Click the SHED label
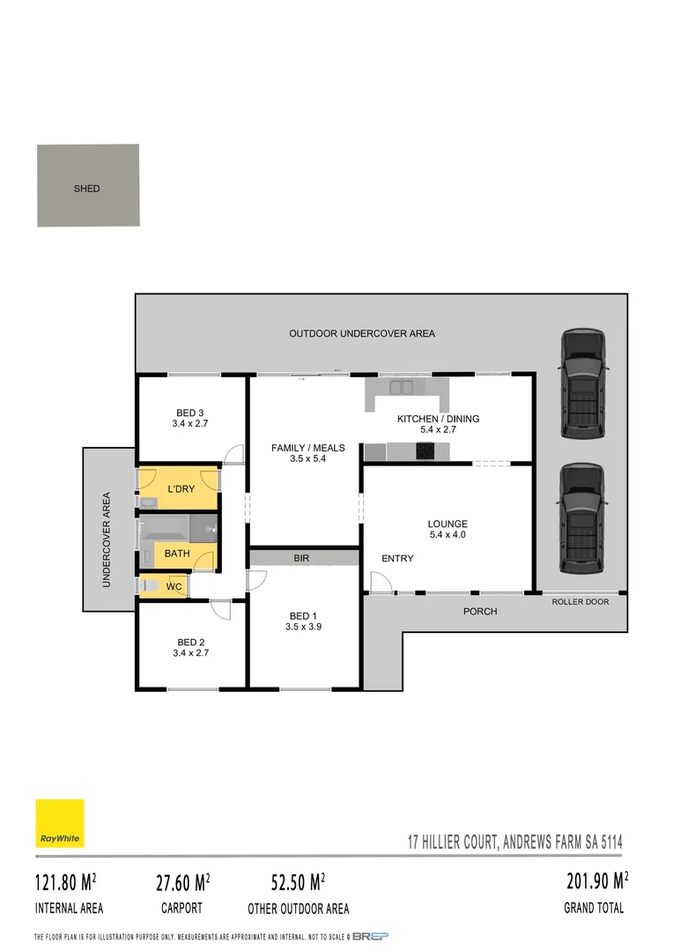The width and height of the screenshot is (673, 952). coord(87,189)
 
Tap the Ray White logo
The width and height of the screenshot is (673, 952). coord(60,823)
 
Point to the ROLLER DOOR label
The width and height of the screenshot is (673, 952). coord(581,602)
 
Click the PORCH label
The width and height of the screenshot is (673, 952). coord(480,611)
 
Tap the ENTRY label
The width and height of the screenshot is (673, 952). coord(397,559)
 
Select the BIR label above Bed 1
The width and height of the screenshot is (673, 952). coord(301,558)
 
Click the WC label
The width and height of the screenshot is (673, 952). coord(174,586)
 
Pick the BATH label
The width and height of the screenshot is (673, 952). coord(177,554)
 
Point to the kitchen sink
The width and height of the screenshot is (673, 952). coord(402,386)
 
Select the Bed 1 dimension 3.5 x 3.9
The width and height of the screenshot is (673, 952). coord(304,627)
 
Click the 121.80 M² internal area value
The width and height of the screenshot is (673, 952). coord(65,881)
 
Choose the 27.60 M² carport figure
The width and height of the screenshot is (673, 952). coord(179,881)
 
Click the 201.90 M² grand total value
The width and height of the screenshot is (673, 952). coord(596,881)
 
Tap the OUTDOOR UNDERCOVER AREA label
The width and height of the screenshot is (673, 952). coord(362,333)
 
